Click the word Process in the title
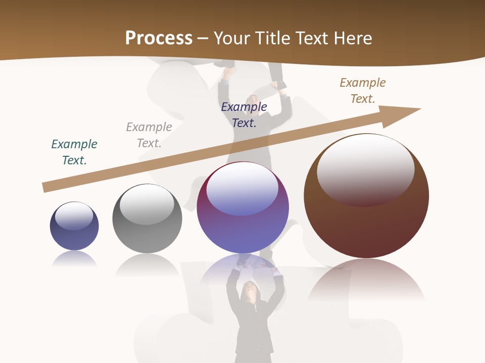(x=159, y=38)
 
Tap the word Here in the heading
(x=352, y=38)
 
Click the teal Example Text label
(x=74, y=152)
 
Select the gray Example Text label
(x=149, y=135)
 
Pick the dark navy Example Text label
(x=244, y=114)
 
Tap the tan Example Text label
(x=362, y=91)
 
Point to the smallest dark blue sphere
(x=74, y=232)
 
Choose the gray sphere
(x=147, y=227)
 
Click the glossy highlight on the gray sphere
(x=147, y=203)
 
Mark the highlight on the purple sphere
(x=243, y=189)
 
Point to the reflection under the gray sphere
(x=147, y=264)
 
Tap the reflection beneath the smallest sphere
(x=74, y=259)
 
